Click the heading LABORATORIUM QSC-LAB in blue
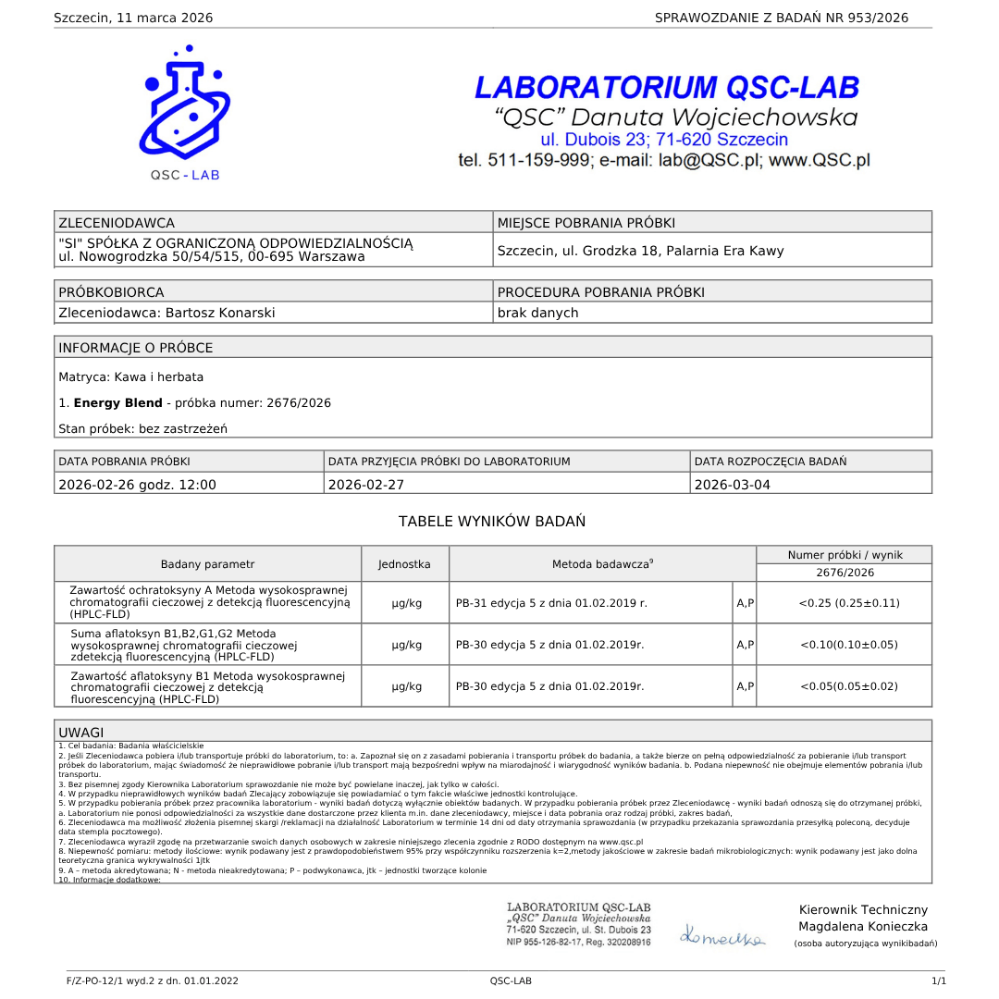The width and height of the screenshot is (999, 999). pos(666,88)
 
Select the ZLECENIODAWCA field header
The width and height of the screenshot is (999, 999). pos(117,222)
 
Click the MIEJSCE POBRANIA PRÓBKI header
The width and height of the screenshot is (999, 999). pos(586,222)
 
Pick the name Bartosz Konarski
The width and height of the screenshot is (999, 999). pos(219,313)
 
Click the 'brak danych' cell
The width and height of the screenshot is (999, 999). pos(537,313)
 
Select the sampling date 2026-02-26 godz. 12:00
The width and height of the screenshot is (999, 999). pos(137,484)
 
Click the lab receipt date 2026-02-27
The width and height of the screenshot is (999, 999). pos(366,484)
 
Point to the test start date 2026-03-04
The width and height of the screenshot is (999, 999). pos(732,484)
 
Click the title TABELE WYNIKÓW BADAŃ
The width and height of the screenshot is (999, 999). pos(492,522)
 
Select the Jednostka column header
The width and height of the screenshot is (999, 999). pos(404,563)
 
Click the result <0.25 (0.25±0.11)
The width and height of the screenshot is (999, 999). pos(848,603)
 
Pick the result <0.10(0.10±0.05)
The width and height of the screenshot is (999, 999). pos(848,645)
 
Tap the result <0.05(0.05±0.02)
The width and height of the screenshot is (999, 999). pos(848,686)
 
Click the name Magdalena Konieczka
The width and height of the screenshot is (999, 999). pos(863,927)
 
